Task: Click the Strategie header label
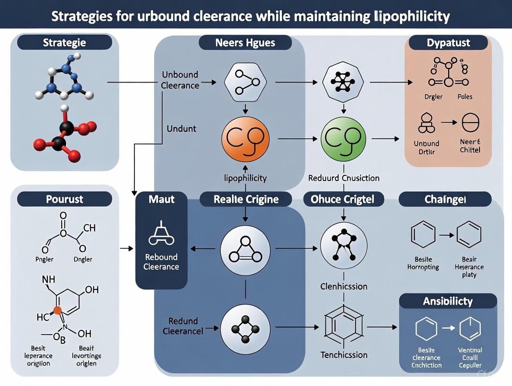coord(64,43)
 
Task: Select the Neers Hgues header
coord(245,43)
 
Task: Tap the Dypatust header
coord(448,43)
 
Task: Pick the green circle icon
coord(343,138)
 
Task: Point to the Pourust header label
coord(64,199)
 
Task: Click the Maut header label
coord(161,199)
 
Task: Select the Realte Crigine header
coord(246,199)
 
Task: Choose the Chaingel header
coord(445,199)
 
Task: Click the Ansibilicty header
coord(448,301)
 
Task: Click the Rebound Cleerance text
coord(161,262)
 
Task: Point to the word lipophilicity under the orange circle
coord(245,178)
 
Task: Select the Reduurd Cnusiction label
coord(344,178)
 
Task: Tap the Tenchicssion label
coord(344,355)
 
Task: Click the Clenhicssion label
coord(344,286)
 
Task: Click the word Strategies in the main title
coord(80,17)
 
